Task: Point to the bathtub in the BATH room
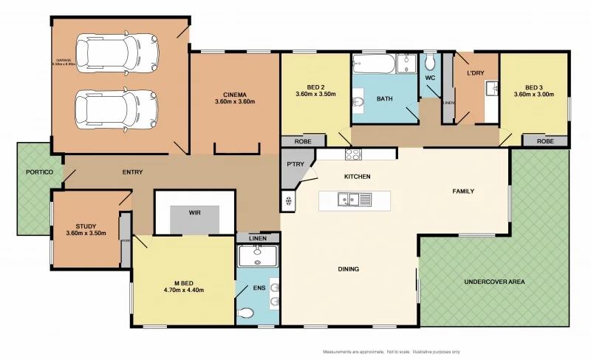[x=375, y=64]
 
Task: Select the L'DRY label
[x=476, y=74]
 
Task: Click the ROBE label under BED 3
[x=545, y=140]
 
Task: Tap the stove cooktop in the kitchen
[x=352, y=154]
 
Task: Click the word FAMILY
[x=463, y=191]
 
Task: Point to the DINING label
[x=348, y=269]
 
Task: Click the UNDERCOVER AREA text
[x=493, y=282]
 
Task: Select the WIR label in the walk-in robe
[x=195, y=212]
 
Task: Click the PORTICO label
[x=38, y=172]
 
